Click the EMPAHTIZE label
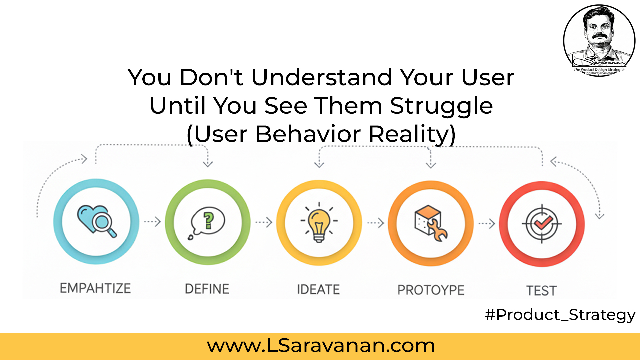(x=95, y=288)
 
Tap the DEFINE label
(x=207, y=289)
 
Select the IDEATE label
(x=318, y=289)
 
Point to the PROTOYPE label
(x=431, y=290)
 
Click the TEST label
(x=541, y=291)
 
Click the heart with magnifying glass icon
(x=97, y=221)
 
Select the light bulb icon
(x=319, y=222)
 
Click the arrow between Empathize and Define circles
(x=152, y=222)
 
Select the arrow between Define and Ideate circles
(x=264, y=222)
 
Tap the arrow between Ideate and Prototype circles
(x=376, y=223)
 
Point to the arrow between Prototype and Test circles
(x=487, y=224)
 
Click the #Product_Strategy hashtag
(x=560, y=315)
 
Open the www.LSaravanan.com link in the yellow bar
(x=321, y=345)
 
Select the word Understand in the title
(x=321, y=77)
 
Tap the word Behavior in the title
(x=308, y=134)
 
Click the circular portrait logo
(x=599, y=40)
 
